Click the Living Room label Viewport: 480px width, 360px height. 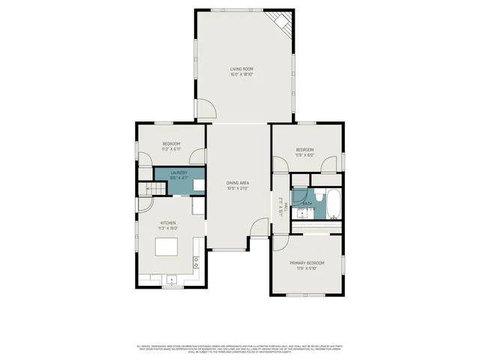[241, 70]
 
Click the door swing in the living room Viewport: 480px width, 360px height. [206, 110]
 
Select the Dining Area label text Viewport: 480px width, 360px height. [238, 183]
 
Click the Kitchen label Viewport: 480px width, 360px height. [168, 223]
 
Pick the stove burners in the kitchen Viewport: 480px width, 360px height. [196, 262]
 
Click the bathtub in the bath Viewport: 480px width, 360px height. [333, 203]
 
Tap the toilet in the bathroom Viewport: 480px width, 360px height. [318, 197]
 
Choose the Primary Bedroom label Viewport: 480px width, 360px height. [308, 262]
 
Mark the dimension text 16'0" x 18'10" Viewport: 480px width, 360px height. [241, 75]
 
